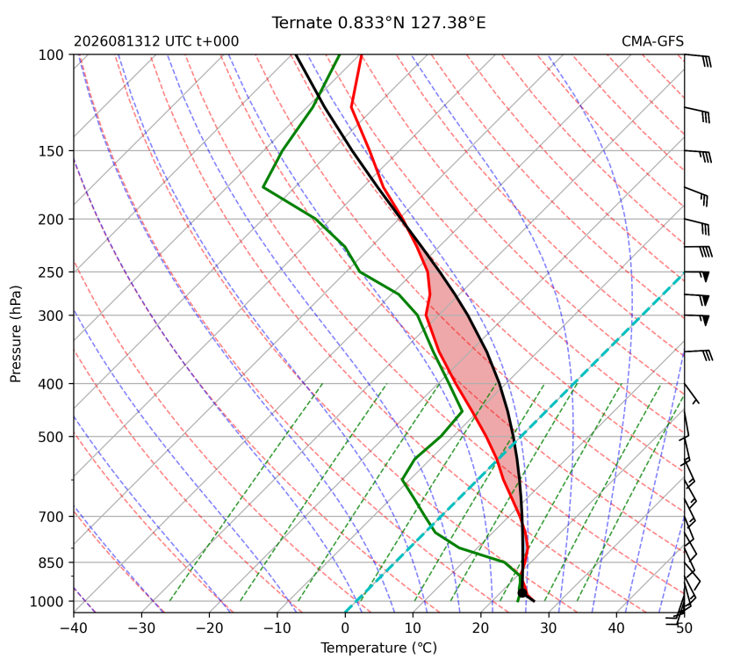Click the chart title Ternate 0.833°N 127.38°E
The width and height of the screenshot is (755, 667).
click(378, 23)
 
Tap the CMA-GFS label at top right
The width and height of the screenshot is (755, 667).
click(652, 41)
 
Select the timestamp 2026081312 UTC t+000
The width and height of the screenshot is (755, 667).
click(156, 41)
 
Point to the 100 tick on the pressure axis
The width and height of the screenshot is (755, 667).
click(51, 55)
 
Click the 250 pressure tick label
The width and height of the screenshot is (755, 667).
click(51, 272)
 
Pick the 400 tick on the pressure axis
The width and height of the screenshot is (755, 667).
click(51, 384)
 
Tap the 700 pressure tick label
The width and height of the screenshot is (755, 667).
click(51, 517)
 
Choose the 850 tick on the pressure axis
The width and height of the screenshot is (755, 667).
click(51, 562)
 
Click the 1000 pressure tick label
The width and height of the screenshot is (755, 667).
click(47, 601)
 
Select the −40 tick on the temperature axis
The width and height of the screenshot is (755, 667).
click(74, 628)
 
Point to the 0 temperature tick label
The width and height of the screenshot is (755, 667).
click(345, 628)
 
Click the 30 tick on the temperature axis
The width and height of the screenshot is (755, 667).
click(549, 628)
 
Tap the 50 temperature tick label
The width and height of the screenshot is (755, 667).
click(684, 628)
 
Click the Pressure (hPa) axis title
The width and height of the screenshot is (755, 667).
click(16, 334)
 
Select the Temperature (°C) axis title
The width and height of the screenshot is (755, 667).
click(379, 648)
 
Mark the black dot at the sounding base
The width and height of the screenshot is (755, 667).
click(522, 592)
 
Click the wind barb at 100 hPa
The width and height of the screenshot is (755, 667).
click(698, 60)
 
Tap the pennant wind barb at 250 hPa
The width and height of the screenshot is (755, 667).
click(697, 276)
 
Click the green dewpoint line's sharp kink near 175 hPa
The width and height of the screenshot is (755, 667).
click(263, 186)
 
